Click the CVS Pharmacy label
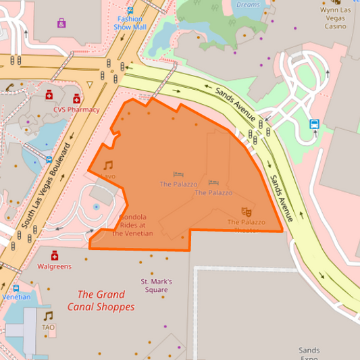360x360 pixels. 76,109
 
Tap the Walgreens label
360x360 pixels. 54,266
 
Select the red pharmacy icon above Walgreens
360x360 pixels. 55,255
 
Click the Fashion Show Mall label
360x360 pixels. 130,23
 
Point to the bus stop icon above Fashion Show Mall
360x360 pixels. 130,10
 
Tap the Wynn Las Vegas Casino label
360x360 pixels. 335,18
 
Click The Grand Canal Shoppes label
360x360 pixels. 101,301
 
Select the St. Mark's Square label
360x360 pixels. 156,285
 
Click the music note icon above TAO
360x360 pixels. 48,315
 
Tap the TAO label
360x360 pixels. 48,327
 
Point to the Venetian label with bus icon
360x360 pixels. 16,297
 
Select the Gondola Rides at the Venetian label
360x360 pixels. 133,226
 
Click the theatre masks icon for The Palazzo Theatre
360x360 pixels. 246,212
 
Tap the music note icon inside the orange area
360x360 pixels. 108,165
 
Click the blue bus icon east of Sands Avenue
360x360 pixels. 314,124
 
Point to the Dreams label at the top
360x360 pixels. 248,5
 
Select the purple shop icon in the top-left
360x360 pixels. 61,24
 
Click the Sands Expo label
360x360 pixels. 309,353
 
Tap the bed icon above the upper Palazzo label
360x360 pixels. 178,174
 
